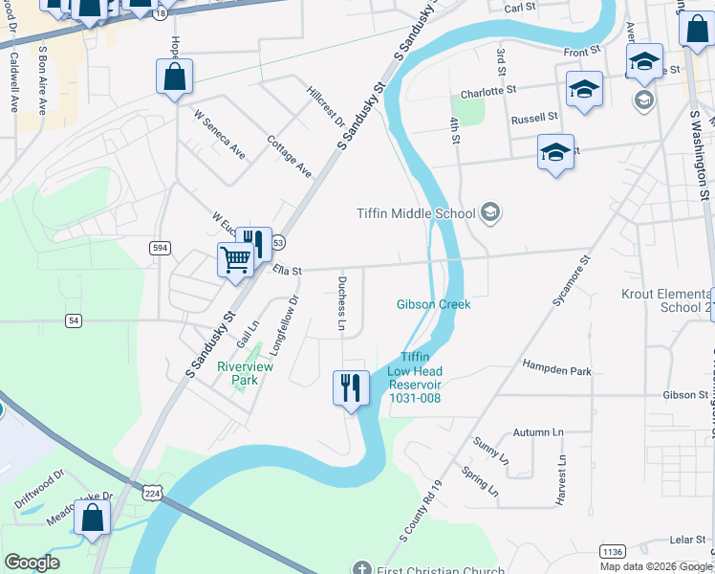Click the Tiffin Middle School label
point(416,212)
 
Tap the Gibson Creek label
point(434,304)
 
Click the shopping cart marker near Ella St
point(235,258)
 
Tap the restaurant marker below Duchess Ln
point(351,387)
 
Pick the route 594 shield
point(161,248)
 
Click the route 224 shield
point(153,493)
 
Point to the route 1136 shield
point(612,551)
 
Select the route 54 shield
point(73,320)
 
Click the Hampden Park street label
point(556,368)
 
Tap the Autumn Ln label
point(540,432)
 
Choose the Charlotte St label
point(487,93)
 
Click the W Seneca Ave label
point(219,134)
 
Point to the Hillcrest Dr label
point(325,106)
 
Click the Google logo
point(32,563)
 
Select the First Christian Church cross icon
point(361,568)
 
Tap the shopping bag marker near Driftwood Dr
point(93,519)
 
